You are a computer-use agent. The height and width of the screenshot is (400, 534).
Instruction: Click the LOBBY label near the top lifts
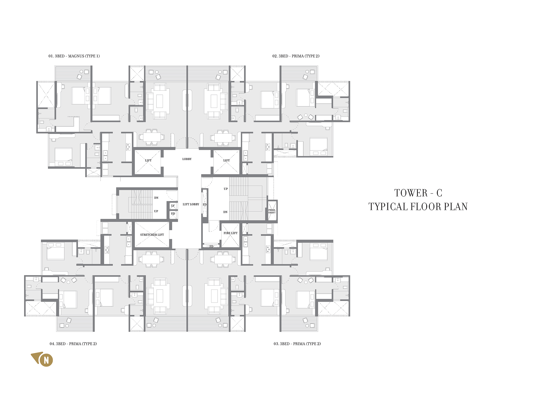[x=187, y=159]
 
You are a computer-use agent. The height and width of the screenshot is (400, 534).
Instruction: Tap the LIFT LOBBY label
[x=191, y=204]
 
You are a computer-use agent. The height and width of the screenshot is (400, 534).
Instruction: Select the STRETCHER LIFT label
[x=152, y=235]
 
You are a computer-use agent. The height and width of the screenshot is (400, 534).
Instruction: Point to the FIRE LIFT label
[x=230, y=233]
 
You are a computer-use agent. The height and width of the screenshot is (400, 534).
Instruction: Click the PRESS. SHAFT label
[x=272, y=211]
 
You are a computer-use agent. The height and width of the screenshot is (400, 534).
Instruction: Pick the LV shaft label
[x=173, y=206]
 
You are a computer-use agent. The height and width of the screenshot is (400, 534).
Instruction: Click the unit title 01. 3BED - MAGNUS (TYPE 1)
[x=74, y=56]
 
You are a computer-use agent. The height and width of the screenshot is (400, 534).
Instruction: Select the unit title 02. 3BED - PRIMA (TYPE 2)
[x=296, y=56]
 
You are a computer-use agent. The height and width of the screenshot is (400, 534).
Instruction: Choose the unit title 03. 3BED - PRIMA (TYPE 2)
[x=297, y=344]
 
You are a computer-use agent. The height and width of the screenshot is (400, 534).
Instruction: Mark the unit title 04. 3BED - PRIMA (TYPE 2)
[x=73, y=344]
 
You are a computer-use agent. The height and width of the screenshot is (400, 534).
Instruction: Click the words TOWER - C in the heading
[x=418, y=193]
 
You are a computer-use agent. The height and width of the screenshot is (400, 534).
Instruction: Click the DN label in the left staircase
[x=156, y=198]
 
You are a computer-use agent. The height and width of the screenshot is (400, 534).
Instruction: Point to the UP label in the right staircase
[x=226, y=189]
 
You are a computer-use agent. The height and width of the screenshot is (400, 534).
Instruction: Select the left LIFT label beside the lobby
[x=148, y=161]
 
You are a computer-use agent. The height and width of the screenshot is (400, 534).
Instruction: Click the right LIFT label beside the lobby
[x=226, y=161]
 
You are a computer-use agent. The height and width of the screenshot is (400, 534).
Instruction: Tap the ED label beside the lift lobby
[x=205, y=205]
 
